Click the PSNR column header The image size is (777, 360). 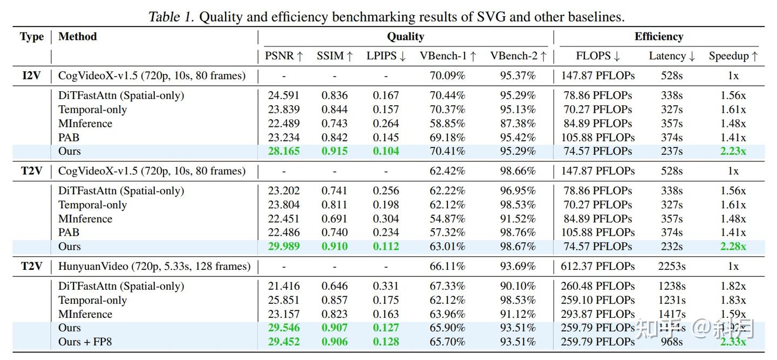(284, 56)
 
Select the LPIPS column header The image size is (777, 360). (386, 56)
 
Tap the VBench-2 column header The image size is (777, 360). (518, 56)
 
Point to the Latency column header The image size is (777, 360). (672, 56)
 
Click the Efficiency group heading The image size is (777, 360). (658, 37)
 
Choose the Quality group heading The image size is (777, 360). (405, 37)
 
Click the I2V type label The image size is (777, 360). (32, 76)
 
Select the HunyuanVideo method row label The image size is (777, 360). (154, 266)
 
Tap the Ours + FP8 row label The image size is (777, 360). (85, 342)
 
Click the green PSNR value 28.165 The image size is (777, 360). (284, 151)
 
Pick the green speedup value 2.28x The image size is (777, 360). (733, 247)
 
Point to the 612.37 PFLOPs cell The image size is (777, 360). (598, 266)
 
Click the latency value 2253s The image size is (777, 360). (672, 266)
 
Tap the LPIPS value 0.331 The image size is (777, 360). (386, 286)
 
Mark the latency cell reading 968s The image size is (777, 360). (672, 342)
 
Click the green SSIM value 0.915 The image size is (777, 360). (335, 151)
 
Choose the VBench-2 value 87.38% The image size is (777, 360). (518, 124)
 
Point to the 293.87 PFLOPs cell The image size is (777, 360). (598, 314)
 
